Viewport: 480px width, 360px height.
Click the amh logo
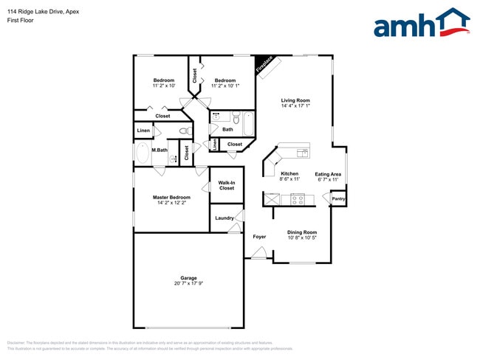(x=421, y=24)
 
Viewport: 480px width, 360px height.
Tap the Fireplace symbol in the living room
(x=264, y=65)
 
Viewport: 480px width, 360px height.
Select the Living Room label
(x=295, y=100)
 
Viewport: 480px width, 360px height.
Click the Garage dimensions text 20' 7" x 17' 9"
(x=189, y=283)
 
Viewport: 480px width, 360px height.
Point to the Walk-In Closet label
(x=227, y=185)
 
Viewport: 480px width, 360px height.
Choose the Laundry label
(x=224, y=218)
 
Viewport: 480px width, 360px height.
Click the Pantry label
(x=338, y=198)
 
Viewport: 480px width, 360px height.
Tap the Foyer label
(x=259, y=237)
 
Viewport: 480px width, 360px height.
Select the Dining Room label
(x=302, y=232)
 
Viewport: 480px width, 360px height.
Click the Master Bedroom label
(x=171, y=197)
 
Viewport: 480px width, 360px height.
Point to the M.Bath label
(x=160, y=150)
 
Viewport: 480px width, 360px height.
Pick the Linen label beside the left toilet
(x=143, y=131)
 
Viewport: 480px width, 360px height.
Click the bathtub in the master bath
(x=143, y=154)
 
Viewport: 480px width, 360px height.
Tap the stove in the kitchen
(x=298, y=198)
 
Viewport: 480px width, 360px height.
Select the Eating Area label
(x=328, y=174)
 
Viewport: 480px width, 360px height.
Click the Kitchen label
(x=289, y=174)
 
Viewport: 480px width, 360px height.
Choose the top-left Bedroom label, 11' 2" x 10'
(x=164, y=80)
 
